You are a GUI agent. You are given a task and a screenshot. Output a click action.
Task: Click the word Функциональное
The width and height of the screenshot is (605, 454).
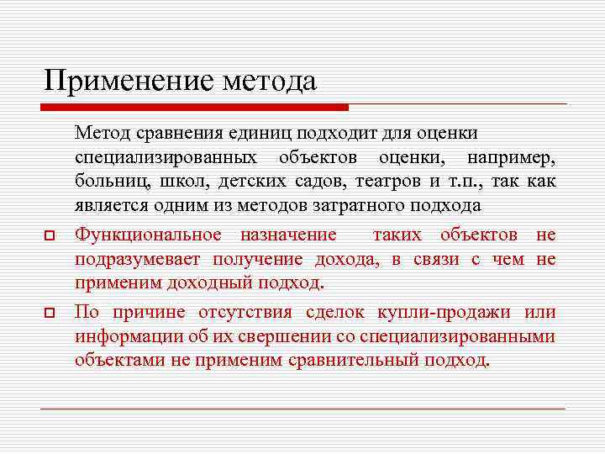tap(149, 235)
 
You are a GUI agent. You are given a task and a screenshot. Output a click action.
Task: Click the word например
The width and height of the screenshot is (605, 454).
tap(511, 157)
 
